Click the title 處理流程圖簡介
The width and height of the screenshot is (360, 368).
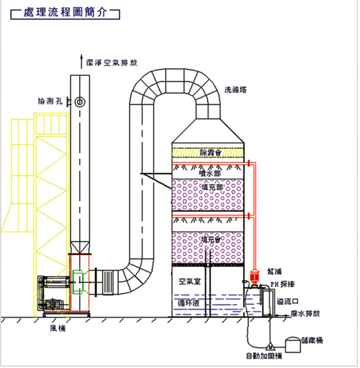65,13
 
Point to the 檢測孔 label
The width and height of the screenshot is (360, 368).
49,101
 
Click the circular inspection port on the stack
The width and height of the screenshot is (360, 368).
80,101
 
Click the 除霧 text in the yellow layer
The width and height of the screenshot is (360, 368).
210,152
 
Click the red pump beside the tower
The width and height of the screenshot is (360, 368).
254,277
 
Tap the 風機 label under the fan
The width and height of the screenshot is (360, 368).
58,328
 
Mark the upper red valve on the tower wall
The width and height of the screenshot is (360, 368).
249,164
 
